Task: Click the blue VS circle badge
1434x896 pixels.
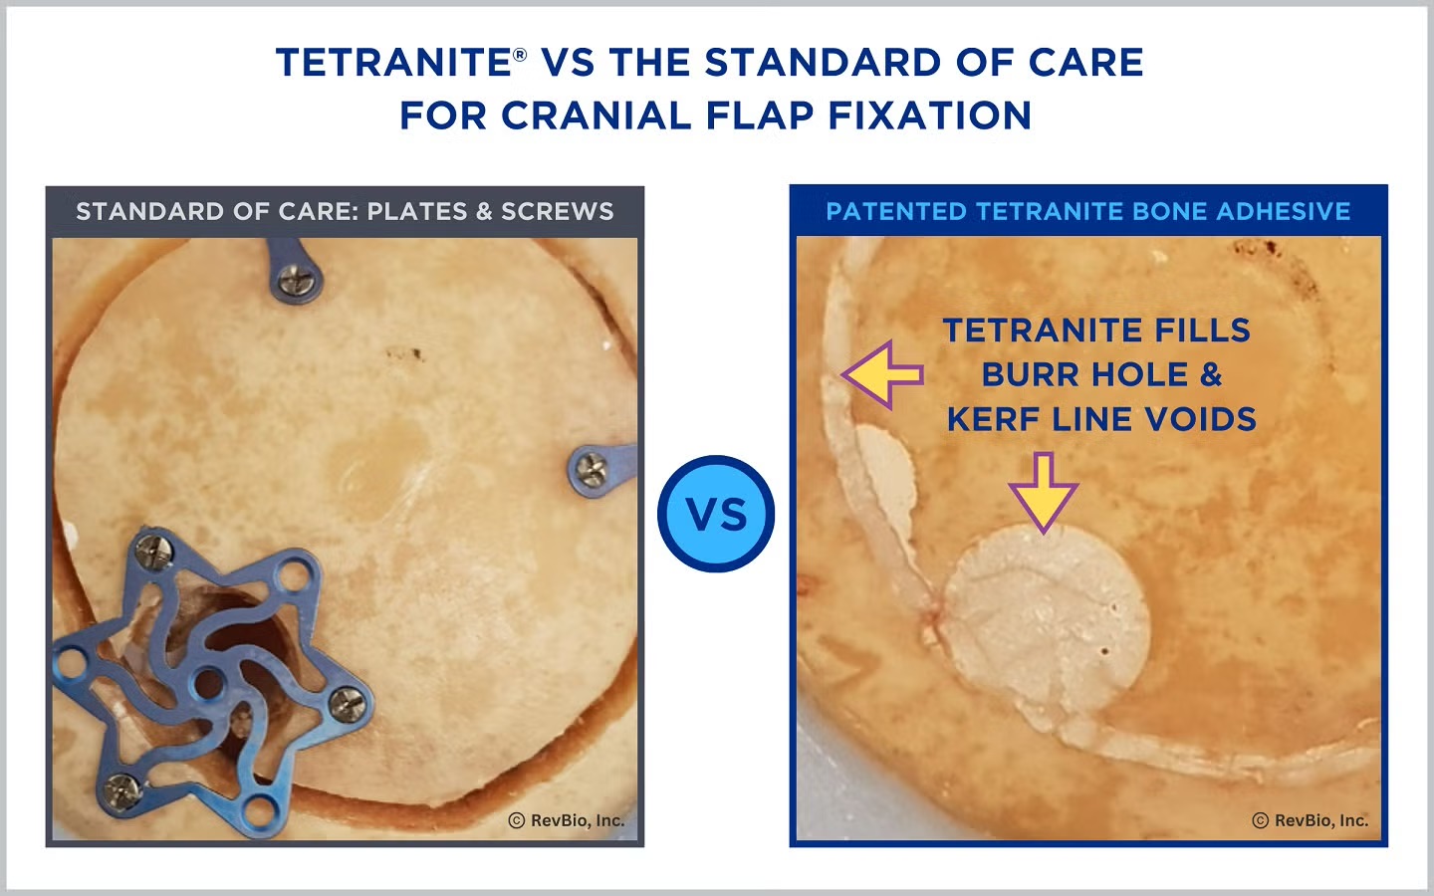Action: point(716,514)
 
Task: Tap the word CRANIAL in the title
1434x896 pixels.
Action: point(596,115)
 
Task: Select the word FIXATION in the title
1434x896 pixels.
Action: point(929,115)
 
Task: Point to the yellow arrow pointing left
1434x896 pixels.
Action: point(882,375)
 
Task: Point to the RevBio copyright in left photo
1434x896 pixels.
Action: point(566,820)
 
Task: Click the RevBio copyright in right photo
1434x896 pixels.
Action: point(1311,820)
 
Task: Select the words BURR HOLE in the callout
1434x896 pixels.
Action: point(1085,374)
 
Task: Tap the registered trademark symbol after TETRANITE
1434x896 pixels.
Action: point(520,54)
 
